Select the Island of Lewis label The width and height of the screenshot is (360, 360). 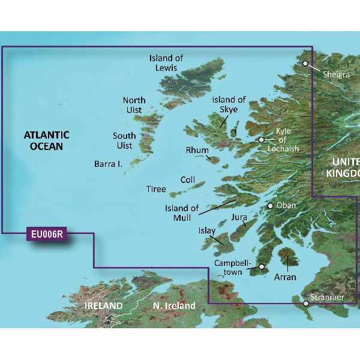(x=166, y=63)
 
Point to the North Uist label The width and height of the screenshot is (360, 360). (x=134, y=106)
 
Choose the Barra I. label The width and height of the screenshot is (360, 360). (x=108, y=163)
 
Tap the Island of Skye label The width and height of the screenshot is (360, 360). (x=229, y=104)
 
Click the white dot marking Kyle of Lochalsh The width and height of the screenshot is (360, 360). (x=262, y=140)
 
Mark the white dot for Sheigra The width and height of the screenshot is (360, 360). (x=305, y=63)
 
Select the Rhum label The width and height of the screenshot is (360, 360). (x=197, y=151)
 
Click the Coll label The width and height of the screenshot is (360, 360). (x=188, y=179)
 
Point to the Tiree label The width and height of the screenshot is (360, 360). (x=156, y=189)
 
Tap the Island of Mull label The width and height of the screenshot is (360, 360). (x=182, y=214)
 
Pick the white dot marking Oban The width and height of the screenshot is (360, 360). (x=271, y=206)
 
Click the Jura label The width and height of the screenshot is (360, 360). (x=239, y=218)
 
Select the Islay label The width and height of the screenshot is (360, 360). (x=207, y=230)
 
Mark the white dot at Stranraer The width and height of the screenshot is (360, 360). (x=307, y=304)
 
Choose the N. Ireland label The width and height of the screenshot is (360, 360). (x=174, y=306)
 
